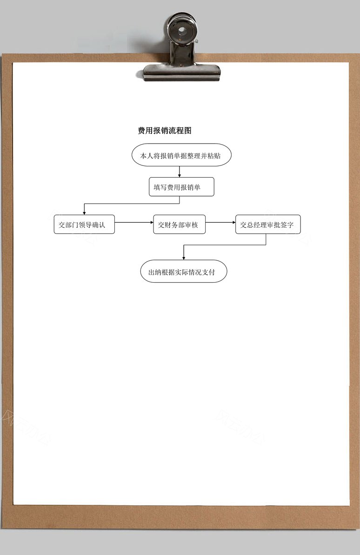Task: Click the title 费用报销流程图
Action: pos(165,131)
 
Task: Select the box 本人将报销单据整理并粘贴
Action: pos(181,155)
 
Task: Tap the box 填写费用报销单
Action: pos(181,186)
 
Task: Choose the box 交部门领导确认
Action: pos(84,225)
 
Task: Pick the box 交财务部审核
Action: pos(179,225)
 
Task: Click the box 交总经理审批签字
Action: pos(268,225)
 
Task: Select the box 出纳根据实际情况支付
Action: pos(184,271)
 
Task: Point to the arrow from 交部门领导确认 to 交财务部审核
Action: pos(134,223)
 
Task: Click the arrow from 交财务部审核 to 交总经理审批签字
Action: pos(220,223)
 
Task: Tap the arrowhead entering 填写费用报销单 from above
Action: pos(180,175)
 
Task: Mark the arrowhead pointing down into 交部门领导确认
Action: pos(84,213)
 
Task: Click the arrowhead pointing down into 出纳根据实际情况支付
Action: pos(184,258)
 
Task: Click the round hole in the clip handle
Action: pos(182,30)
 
